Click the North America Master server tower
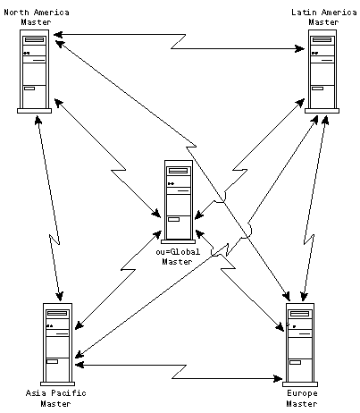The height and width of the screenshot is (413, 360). point(34,72)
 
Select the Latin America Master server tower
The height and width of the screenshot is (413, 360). point(322,72)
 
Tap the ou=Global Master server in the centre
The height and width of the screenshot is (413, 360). point(179,202)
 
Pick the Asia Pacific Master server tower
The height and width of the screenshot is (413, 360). point(57,344)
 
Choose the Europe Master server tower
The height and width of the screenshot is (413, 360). point(300,345)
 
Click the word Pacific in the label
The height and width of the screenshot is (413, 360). point(69,393)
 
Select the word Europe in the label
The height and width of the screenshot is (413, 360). point(302,393)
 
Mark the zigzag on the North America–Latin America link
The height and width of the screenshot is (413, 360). point(179,41)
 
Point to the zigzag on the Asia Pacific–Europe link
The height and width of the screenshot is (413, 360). point(179,372)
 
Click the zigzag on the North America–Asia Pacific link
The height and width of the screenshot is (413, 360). point(54,240)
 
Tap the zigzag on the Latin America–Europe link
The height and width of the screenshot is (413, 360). point(309,240)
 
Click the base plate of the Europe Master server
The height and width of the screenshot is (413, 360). point(300,384)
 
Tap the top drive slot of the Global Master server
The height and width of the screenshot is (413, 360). point(179,171)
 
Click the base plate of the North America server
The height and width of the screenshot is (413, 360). point(34,111)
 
